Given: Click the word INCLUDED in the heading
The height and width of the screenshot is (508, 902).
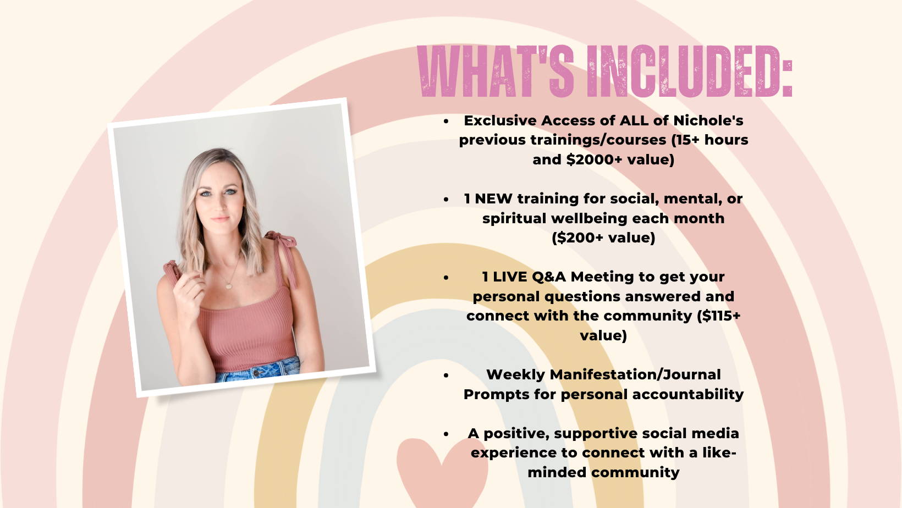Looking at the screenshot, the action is [690, 71].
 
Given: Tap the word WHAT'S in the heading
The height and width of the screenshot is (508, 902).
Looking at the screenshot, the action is [496, 71].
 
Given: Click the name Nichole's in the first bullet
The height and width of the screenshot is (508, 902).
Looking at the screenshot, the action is [708, 120].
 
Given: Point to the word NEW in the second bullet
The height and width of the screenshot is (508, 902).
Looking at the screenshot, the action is [494, 198].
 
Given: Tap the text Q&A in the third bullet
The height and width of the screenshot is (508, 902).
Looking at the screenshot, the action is [549, 277].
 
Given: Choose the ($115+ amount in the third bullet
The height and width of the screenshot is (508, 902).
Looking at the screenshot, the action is [719, 316].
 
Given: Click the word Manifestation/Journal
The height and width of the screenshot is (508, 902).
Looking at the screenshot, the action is [635, 375].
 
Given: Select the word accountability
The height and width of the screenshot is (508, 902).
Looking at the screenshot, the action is [687, 395].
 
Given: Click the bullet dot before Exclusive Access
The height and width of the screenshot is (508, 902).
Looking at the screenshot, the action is [446, 121].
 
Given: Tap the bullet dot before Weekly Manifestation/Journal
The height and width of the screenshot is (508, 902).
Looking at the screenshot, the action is [446, 375].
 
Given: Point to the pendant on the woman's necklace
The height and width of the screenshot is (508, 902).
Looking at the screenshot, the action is [229, 286].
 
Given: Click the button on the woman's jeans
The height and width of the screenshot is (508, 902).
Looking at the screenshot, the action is [256, 373].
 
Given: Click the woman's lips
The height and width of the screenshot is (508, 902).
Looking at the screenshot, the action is [220, 219].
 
